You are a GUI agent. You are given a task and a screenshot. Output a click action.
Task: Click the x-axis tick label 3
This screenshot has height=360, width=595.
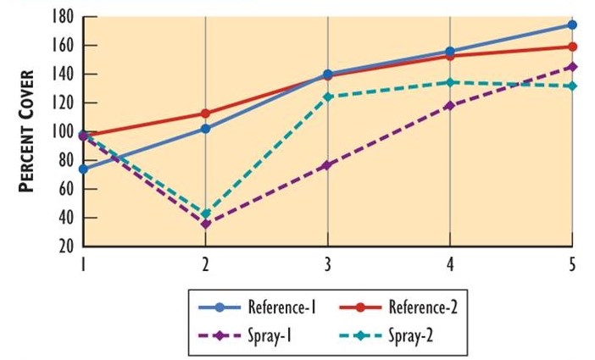[x=327, y=264]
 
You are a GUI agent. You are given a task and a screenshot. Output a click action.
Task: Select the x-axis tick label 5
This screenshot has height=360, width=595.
[x=572, y=264]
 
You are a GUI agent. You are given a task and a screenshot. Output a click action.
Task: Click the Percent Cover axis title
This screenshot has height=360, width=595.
[x=28, y=132]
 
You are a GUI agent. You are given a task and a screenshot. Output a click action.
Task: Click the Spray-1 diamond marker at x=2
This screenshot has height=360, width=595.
[x=205, y=224]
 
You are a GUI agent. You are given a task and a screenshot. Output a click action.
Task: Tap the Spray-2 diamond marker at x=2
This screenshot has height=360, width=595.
[x=205, y=213]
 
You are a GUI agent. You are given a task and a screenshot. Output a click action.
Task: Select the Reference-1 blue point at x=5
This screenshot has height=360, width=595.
[x=572, y=25]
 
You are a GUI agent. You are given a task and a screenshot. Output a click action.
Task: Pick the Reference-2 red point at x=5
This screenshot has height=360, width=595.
[x=572, y=47]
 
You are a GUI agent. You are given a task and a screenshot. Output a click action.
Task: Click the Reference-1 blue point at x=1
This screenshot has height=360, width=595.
[x=83, y=169]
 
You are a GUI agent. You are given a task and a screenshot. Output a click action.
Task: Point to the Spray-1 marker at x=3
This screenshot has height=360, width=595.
[x=327, y=165]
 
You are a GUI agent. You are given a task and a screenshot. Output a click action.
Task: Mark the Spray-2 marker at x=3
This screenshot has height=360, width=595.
[x=327, y=97]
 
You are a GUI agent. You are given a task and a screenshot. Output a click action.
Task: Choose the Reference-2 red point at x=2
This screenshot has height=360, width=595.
[x=205, y=113]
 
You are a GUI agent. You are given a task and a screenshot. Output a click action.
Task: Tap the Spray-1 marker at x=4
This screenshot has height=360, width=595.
[x=450, y=106]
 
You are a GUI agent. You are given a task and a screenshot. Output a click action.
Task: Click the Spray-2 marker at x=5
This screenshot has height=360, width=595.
[x=572, y=86]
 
